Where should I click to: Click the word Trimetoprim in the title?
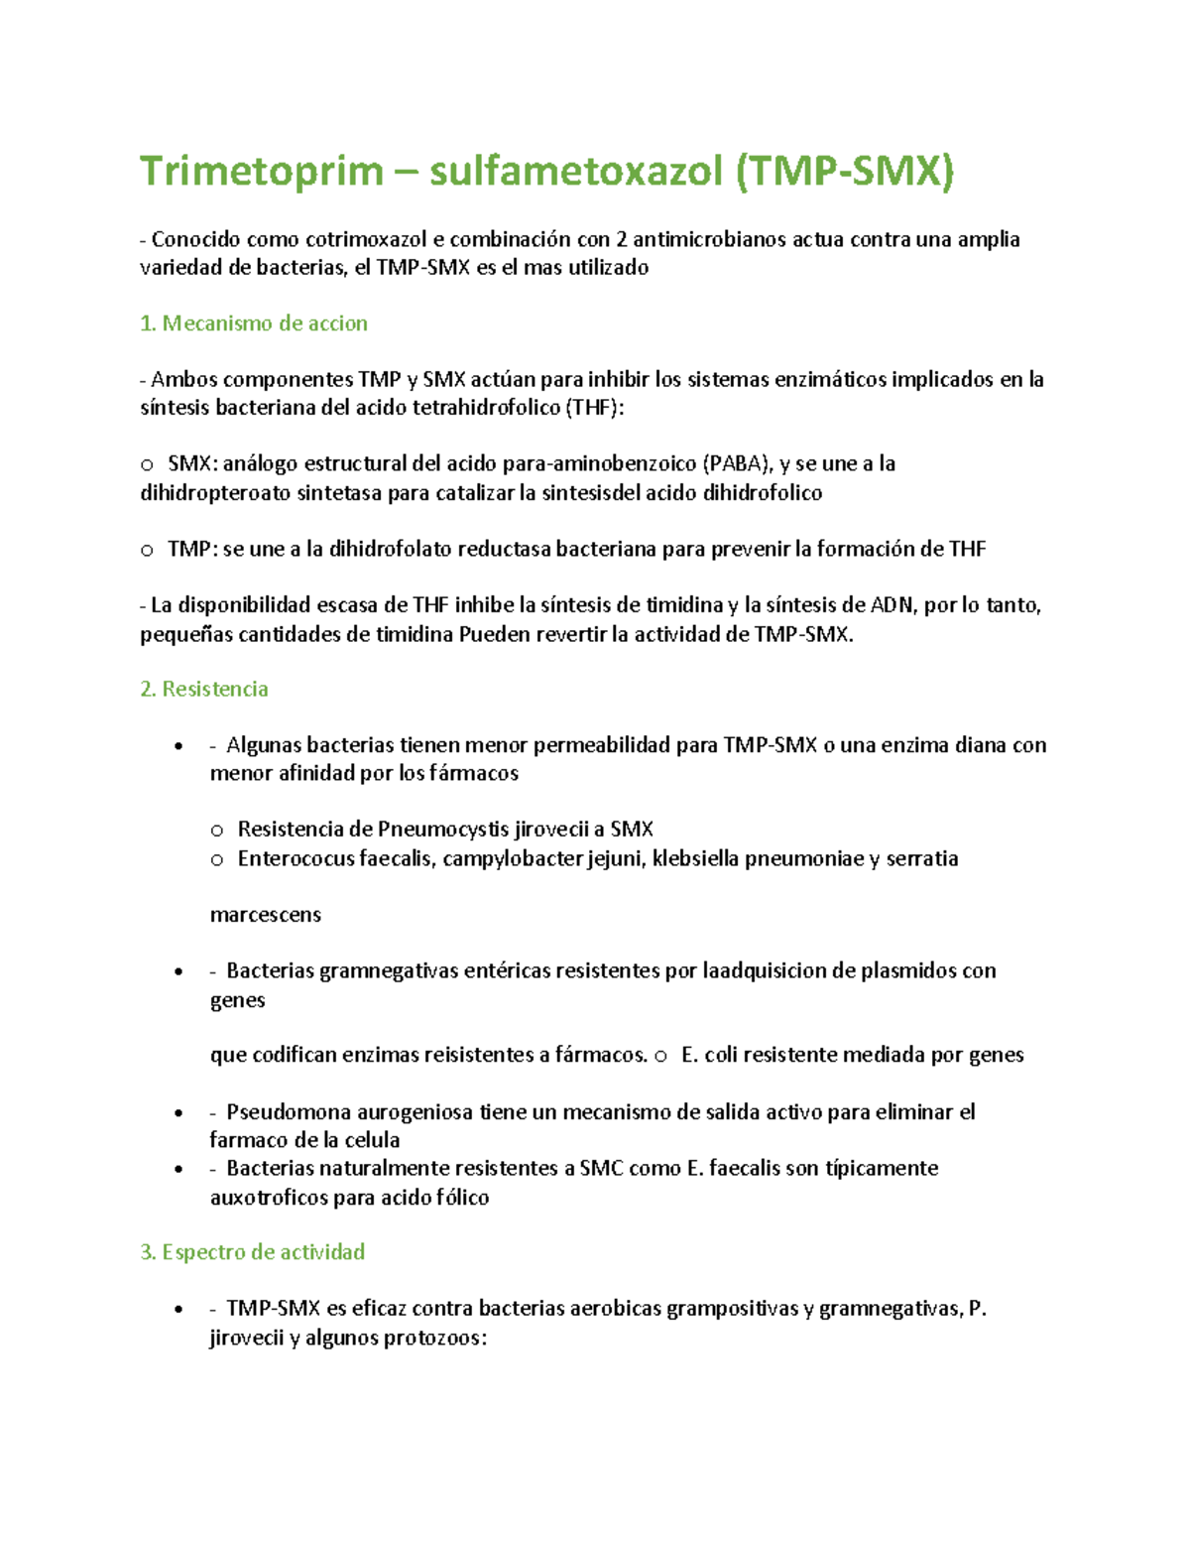pyautogui.click(x=261, y=171)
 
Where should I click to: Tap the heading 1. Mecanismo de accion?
pyautogui.click(x=254, y=323)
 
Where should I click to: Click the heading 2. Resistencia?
pyautogui.click(x=204, y=689)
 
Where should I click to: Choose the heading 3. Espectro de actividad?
pyautogui.click(x=253, y=1252)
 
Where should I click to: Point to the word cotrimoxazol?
pyautogui.click(x=366, y=239)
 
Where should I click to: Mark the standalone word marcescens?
pyautogui.click(x=265, y=915)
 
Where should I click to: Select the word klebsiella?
pyautogui.click(x=695, y=859)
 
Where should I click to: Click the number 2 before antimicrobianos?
pyautogui.click(x=622, y=239)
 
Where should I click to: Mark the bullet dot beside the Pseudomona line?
pyautogui.click(x=178, y=1113)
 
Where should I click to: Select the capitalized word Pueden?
pyautogui.click(x=494, y=635)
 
